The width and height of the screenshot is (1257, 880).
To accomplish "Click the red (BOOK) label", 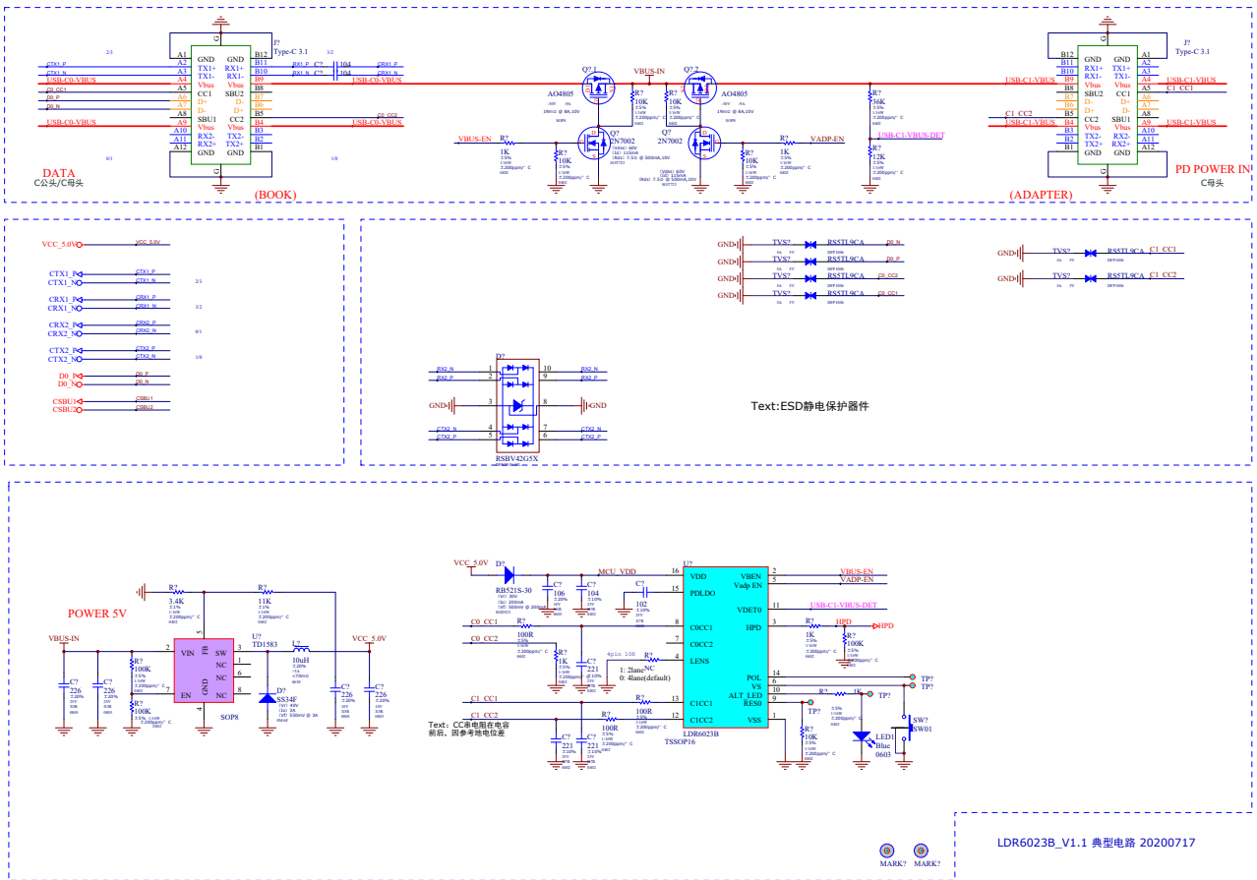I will [275, 195].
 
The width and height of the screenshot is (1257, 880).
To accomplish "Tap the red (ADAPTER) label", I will [1041, 195].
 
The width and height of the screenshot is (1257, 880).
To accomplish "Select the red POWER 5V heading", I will [97, 614].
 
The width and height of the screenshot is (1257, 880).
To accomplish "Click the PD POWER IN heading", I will [1213, 169].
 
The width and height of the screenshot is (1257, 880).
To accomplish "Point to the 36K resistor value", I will [878, 101].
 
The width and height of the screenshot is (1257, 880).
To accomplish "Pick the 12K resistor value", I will [877, 157].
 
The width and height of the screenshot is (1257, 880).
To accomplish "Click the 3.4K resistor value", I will [177, 601].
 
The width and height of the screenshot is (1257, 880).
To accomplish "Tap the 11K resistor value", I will [265, 601].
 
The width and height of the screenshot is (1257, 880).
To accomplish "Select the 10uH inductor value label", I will [300, 660].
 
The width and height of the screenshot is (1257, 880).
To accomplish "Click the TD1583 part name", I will [265, 645].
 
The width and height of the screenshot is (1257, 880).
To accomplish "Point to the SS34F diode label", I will [286, 699].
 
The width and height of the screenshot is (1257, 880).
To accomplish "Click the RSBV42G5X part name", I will [517, 458].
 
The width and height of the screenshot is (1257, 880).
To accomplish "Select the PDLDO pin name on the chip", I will [702, 593].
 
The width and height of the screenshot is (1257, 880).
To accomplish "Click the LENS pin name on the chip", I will [699, 661].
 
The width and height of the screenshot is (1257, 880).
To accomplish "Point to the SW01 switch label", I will [921, 730].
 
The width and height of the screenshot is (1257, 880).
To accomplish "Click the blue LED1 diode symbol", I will [862, 735].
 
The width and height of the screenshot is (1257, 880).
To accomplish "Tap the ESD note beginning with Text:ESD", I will [809, 406].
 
